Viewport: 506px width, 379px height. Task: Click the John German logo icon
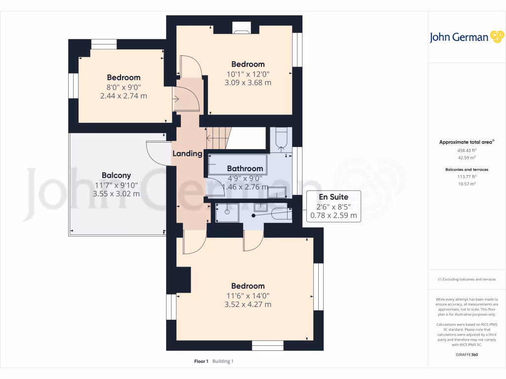point(496,37)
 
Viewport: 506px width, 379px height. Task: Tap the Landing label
point(187,153)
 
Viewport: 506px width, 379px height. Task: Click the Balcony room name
point(116,175)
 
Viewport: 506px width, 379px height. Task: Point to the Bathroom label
point(245,168)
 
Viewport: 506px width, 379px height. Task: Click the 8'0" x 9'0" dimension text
point(124,87)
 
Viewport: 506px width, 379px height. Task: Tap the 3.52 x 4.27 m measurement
point(248,304)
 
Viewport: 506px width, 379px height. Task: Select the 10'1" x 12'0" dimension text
point(248,74)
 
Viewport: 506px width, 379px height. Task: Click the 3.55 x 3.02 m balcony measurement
point(116,193)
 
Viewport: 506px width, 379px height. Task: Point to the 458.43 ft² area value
point(466,150)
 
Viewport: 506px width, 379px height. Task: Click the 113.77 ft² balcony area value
point(466,176)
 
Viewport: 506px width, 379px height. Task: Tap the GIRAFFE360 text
point(467,354)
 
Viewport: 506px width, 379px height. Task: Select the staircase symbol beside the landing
point(218,137)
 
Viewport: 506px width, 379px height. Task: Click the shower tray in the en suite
point(227,212)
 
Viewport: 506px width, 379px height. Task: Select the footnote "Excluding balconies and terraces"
point(466,279)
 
